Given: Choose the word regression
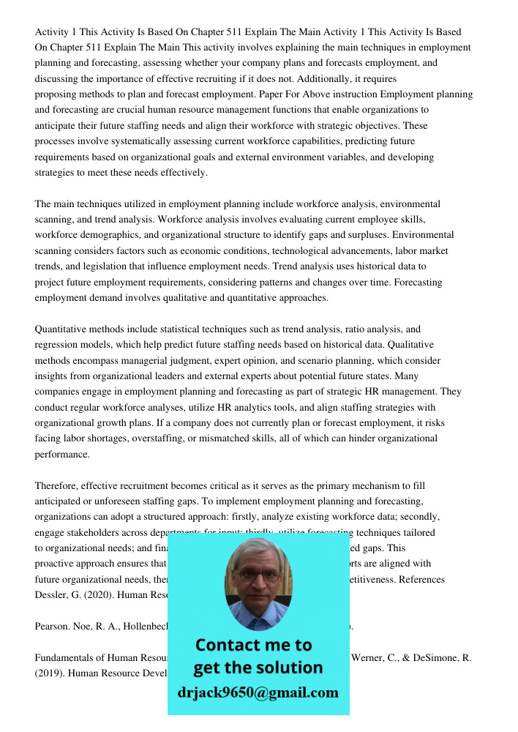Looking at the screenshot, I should click(x=58, y=345).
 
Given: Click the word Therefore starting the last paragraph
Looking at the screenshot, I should click(x=56, y=486).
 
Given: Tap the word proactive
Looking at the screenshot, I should click(x=58, y=564).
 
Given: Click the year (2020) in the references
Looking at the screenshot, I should click(x=103, y=595).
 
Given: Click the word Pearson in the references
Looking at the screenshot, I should click(x=52, y=627).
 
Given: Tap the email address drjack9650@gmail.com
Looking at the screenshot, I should click(x=258, y=692).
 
